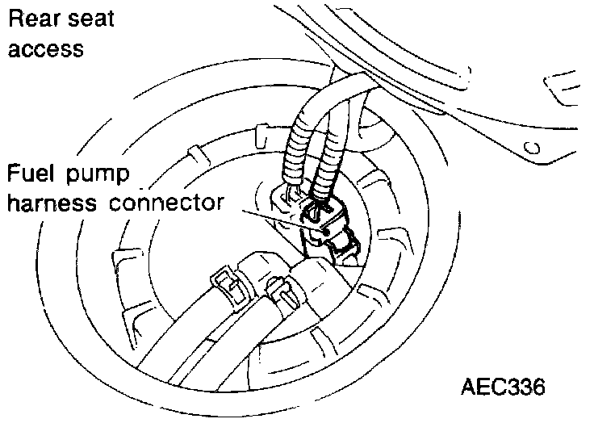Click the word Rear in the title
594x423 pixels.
tap(31, 19)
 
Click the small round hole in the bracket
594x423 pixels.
tap(531, 148)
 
